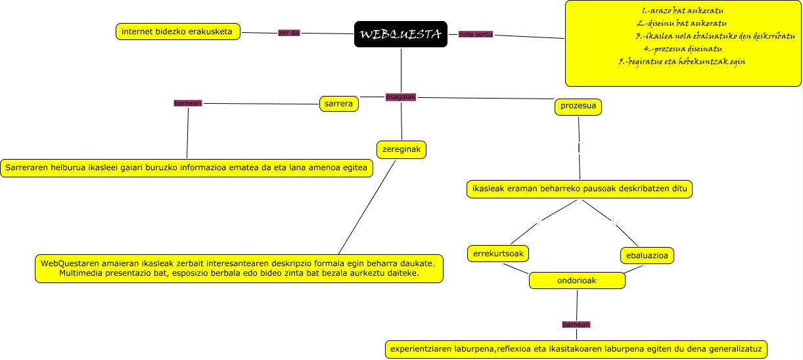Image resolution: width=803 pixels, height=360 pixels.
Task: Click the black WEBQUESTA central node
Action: [x=400, y=34]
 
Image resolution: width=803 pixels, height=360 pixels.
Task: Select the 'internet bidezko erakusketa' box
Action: [x=177, y=31]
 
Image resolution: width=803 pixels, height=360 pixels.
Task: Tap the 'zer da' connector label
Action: [x=289, y=33]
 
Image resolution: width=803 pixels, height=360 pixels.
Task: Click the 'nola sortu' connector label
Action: [x=476, y=34]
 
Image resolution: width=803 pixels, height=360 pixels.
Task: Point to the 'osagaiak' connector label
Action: [x=401, y=97]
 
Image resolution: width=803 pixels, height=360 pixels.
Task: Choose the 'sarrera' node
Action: [x=339, y=103]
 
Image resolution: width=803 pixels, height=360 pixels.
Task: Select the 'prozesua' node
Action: [x=578, y=106]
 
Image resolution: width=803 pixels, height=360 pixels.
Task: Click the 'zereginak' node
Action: [x=401, y=150]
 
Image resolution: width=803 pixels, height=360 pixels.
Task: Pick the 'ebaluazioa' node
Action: [x=647, y=255]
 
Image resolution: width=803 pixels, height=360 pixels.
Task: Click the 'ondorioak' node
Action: [x=576, y=281]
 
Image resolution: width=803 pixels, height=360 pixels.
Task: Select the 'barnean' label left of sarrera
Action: [x=187, y=103]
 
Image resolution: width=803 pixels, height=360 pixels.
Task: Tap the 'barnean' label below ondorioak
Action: [x=576, y=324]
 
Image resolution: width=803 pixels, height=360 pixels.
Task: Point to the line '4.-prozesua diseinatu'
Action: [x=683, y=49]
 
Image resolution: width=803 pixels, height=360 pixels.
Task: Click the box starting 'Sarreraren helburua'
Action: [x=186, y=168]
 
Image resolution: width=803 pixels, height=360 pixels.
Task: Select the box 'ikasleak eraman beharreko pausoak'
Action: [x=580, y=189]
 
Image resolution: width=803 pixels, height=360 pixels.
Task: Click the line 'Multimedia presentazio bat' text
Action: [x=239, y=273]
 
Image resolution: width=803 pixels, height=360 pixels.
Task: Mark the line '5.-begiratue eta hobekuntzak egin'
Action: [x=681, y=61]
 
